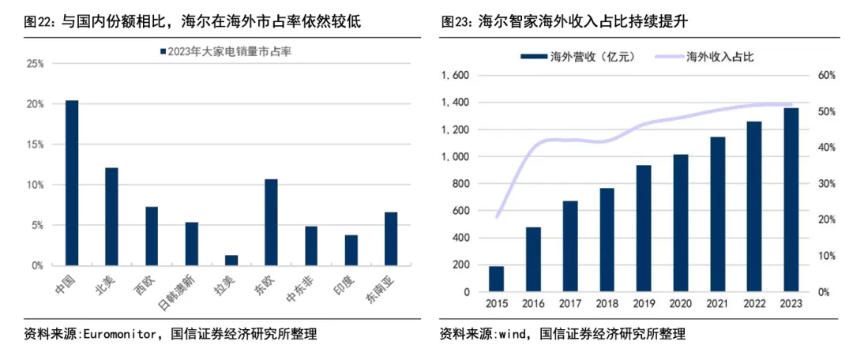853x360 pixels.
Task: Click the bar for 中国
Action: pos(72,183)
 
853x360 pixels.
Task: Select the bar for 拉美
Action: pos(231,261)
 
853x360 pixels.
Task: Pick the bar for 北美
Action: pos(111,216)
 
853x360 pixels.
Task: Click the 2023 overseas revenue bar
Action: pos(791,200)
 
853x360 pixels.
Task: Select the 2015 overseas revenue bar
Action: pos(496,279)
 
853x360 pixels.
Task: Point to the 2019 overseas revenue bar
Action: pos(644,228)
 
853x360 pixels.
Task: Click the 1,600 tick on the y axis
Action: pos(456,76)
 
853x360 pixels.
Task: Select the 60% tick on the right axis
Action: pos(826,76)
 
